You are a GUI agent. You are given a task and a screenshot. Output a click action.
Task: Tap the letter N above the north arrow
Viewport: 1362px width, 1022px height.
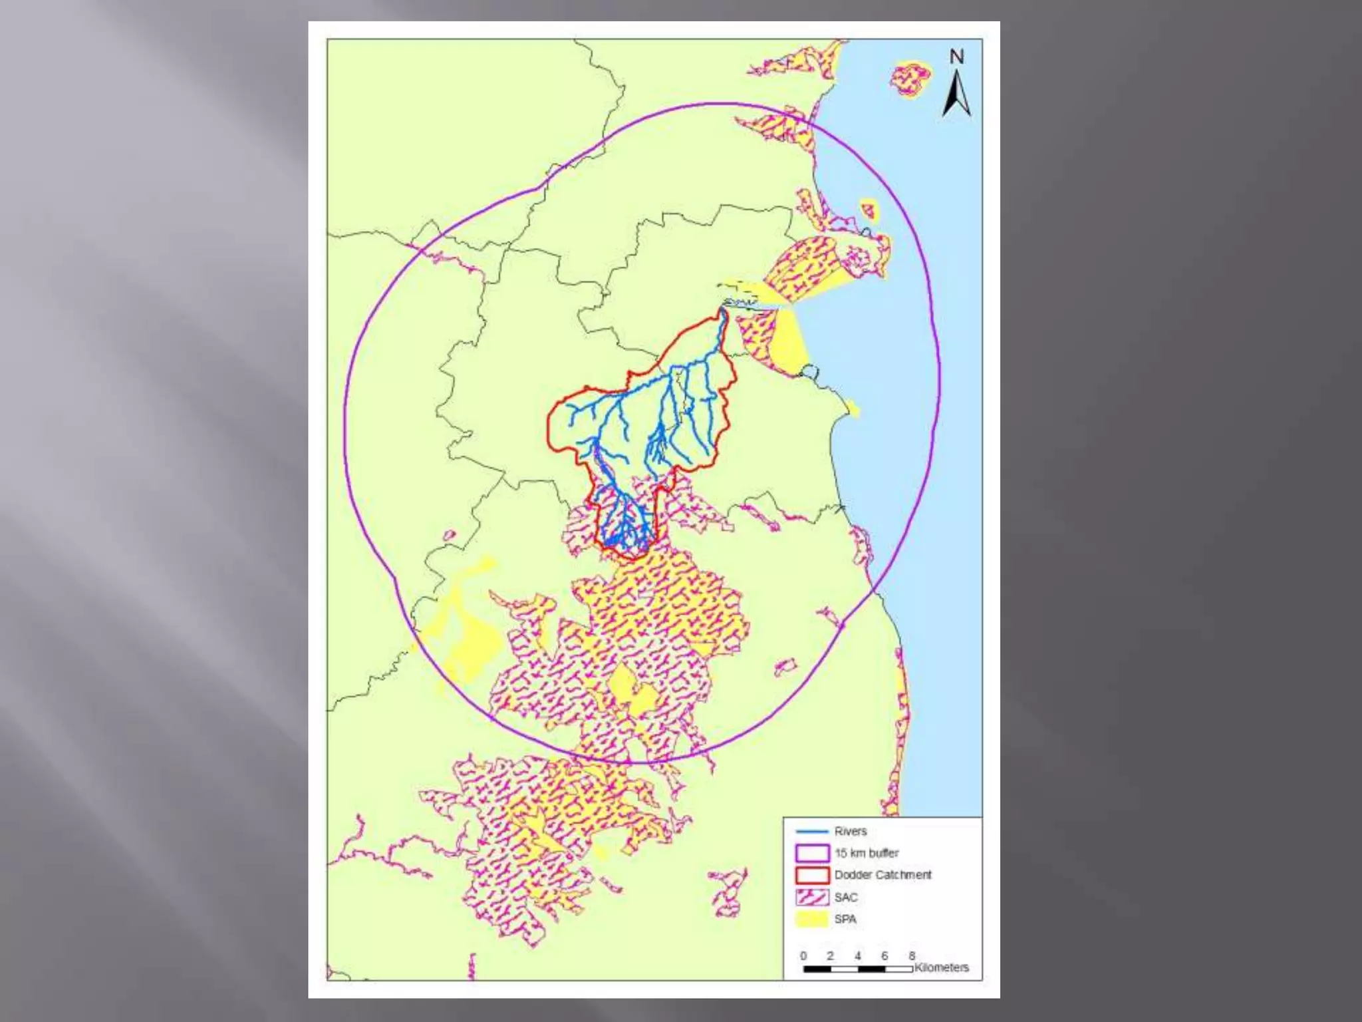coord(956,57)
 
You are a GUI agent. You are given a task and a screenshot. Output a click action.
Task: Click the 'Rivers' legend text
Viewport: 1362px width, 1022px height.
coord(851,831)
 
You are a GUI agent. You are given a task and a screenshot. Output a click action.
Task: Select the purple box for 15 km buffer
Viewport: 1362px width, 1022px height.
coord(812,853)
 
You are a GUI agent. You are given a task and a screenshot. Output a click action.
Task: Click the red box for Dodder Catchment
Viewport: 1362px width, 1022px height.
coord(812,875)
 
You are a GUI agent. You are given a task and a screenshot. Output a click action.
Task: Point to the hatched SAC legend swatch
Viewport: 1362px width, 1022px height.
coord(812,897)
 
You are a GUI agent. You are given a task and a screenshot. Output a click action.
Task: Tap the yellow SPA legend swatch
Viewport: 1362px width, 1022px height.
coord(812,919)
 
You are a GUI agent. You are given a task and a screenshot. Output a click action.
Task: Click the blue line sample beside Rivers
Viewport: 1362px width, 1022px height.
coord(812,831)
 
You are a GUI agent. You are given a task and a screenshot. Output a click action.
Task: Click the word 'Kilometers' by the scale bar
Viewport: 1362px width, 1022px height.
coord(942,967)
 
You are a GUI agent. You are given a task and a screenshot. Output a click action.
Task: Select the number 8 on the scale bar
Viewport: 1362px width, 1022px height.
coord(912,955)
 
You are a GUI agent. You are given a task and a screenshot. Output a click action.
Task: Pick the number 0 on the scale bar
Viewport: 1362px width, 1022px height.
coord(803,955)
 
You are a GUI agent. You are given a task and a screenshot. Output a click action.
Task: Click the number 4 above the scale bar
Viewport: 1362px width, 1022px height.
coord(858,955)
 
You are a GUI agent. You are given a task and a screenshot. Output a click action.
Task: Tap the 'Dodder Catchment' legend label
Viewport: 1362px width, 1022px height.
coord(883,875)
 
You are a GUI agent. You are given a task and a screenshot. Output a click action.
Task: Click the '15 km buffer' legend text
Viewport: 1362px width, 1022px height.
coord(867,853)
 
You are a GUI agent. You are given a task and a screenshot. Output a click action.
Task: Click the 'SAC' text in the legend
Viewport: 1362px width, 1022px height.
coord(846,897)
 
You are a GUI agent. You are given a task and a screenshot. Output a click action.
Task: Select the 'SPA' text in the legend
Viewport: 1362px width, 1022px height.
coord(845,919)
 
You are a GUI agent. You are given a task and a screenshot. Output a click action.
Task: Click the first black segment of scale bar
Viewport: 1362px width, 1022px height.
coord(817,969)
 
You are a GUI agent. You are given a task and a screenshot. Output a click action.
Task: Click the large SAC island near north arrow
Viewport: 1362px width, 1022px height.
coord(910,79)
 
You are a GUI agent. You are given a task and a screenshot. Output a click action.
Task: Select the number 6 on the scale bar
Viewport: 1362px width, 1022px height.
coord(885,955)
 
